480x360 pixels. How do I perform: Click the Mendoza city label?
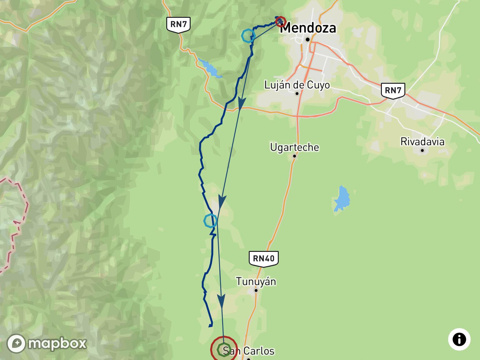tap(308, 28)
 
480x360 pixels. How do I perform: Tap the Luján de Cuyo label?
tap(297, 85)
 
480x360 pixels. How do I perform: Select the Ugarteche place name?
tap(294, 147)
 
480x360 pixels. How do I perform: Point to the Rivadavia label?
tap(422, 142)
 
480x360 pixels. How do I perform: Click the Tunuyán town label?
tap(256, 282)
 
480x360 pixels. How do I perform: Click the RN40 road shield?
tap(263, 258)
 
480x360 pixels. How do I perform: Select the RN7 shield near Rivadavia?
tap(393, 91)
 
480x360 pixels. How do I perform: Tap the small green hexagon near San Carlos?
tap(224, 349)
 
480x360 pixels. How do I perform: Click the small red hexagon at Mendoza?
tap(280, 21)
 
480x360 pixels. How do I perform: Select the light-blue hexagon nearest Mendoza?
tap(248, 36)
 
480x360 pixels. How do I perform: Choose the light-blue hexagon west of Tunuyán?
tap(210, 221)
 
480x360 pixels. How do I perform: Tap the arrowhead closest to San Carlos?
tap(221, 302)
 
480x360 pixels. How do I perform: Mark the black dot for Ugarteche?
tap(294, 156)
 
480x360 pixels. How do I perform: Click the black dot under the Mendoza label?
tap(307, 40)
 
